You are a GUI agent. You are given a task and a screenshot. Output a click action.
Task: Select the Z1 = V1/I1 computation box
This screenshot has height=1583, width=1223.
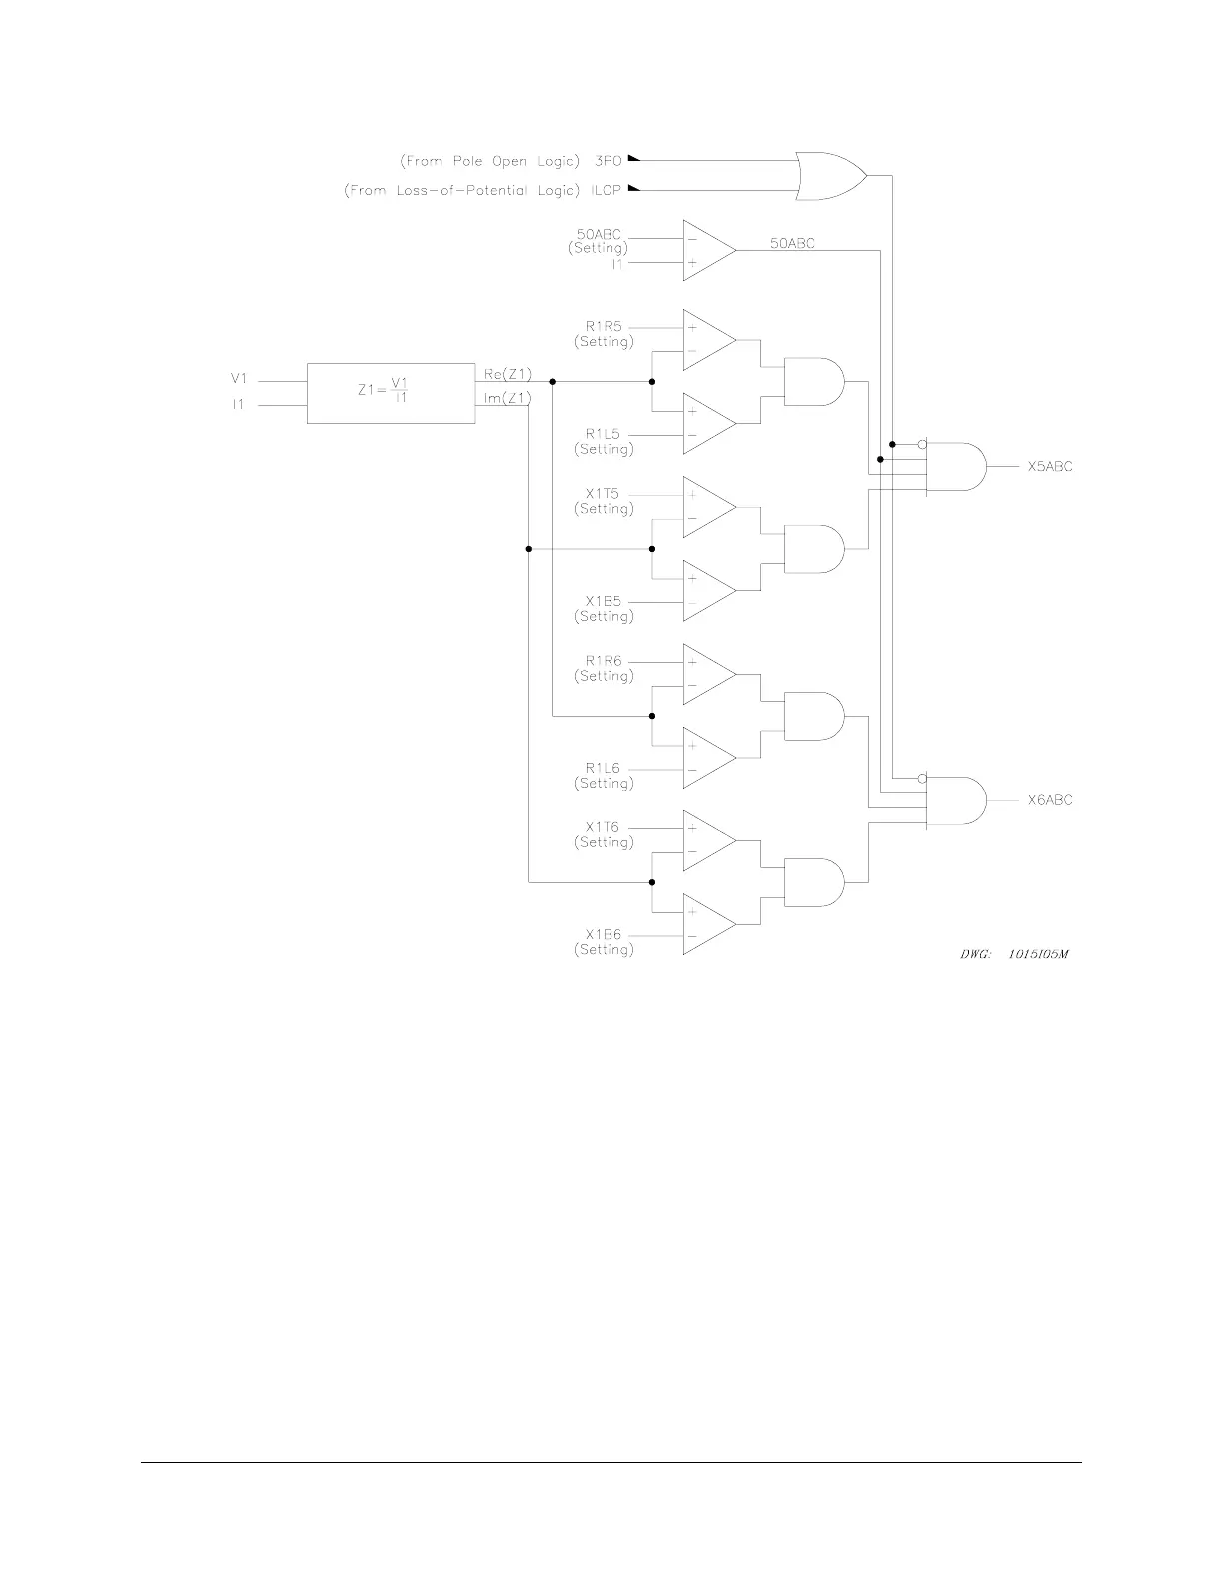pyautogui.click(x=390, y=393)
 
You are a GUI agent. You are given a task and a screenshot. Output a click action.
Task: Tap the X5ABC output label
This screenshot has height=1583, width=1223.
pyautogui.click(x=1050, y=467)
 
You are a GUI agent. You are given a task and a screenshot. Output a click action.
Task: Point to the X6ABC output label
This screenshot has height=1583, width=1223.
pyautogui.click(x=1050, y=800)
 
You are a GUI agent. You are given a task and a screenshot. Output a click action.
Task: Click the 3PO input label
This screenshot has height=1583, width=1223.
pyautogui.click(x=608, y=160)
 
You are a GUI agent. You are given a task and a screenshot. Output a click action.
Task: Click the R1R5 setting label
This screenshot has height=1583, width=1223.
pyautogui.click(x=604, y=327)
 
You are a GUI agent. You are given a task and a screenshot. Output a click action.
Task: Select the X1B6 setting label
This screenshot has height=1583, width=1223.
pyautogui.click(x=604, y=935)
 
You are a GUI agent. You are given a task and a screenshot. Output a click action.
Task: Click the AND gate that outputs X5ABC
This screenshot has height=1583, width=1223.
pyautogui.click(x=956, y=467)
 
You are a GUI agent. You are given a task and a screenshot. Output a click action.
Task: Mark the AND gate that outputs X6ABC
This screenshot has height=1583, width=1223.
pyautogui.click(x=956, y=800)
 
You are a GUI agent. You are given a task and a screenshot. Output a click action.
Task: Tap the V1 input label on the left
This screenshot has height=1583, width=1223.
pyautogui.click(x=238, y=379)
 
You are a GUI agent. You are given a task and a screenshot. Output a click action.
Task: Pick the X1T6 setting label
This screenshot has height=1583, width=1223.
pyautogui.click(x=604, y=828)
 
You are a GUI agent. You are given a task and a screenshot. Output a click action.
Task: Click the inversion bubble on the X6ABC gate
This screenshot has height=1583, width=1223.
pyautogui.click(x=922, y=778)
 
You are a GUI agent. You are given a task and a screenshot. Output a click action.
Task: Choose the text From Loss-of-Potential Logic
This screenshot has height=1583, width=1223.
pyautogui.click(x=462, y=190)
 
